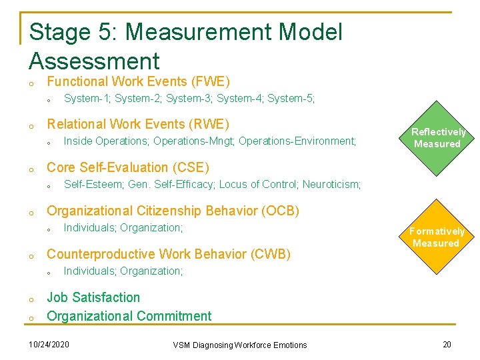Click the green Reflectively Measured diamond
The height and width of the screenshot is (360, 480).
(x=437, y=138)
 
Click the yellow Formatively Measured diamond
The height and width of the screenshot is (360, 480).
(x=437, y=237)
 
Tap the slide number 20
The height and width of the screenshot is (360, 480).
(x=447, y=344)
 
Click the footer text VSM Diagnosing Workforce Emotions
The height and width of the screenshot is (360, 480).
(x=240, y=345)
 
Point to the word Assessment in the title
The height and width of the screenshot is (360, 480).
(x=94, y=61)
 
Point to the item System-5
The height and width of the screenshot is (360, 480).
(x=291, y=99)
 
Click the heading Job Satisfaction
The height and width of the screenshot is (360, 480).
(x=93, y=297)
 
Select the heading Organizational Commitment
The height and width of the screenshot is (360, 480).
(x=129, y=316)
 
